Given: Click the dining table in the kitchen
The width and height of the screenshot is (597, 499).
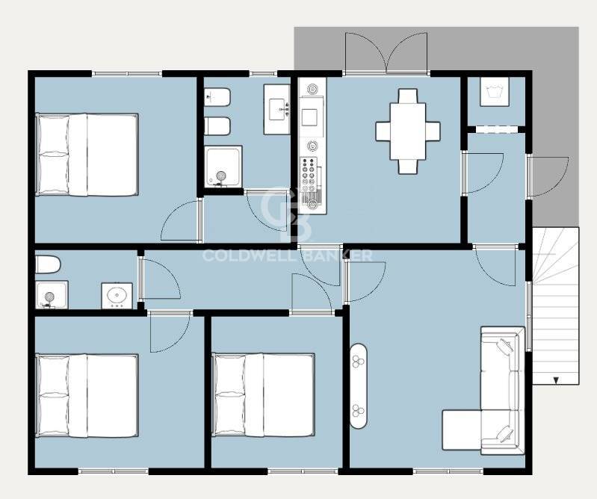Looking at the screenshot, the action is pos(407,131).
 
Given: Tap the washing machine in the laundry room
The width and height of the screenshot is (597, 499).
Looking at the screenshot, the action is pos(494,92).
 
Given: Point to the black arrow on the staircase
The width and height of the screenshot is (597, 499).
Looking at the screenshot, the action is pos(556,380).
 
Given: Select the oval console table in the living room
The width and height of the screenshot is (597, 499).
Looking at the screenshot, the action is pos(359,386).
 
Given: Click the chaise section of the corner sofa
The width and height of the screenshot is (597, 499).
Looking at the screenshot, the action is pos(462,430).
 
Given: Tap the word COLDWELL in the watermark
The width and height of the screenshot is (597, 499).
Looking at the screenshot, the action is pos(249,255).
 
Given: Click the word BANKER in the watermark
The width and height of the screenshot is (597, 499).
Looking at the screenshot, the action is pos(338,255).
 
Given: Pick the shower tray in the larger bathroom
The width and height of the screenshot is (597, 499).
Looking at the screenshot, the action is pos(223,167).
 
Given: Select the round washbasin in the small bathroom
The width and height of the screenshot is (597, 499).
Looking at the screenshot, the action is pos(117,296).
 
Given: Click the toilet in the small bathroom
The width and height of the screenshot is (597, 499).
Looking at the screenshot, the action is pos(48,264).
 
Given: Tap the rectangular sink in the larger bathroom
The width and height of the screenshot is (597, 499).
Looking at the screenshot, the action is pos(276,109).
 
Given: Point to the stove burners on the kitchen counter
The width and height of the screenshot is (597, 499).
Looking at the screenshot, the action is pos(309,176).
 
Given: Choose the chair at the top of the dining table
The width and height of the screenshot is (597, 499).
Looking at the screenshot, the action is pos(408,96).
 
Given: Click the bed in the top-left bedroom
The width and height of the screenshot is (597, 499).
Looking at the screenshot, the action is pos(87,155).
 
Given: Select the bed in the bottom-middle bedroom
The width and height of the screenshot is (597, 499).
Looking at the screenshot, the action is pos(263,394).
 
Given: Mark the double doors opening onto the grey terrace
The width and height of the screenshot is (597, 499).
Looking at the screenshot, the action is pos(386,53).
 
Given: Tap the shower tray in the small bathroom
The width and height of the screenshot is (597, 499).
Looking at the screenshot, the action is pos(52,295).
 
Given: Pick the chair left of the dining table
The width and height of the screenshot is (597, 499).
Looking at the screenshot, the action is pos(383,131).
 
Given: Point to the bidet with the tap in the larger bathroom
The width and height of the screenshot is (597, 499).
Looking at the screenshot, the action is pos(217,97).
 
